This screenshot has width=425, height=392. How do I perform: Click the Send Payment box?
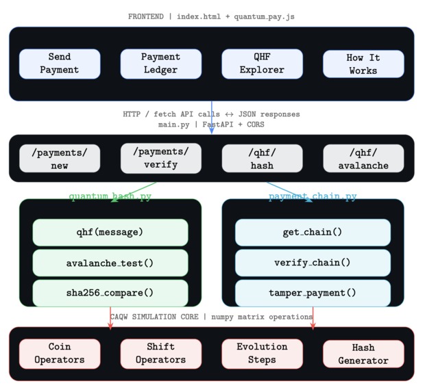click(x=60, y=64)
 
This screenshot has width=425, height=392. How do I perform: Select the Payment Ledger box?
click(x=160, y=64)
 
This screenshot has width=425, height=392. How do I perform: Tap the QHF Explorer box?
click(x=262, y=64)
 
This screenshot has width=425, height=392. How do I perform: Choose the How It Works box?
click(x=363, y=64)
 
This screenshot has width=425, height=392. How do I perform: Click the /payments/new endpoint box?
click(x=60, y=158)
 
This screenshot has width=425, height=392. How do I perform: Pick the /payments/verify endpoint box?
click(x=160, y=158)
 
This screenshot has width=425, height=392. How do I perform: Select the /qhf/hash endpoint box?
click(x=262, y=158)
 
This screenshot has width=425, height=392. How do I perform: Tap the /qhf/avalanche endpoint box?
click(x=363, y=158)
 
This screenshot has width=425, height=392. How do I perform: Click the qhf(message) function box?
click(x=110, y=232)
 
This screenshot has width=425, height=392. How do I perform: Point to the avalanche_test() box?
click(x=110, y=263)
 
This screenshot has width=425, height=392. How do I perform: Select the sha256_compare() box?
click(x=110, y=293)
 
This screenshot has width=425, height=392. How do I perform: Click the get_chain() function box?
click(x=313, y=232)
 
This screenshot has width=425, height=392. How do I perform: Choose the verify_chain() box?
click(x=313, y=263)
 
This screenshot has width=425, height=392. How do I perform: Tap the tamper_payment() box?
click(x=313, y=293)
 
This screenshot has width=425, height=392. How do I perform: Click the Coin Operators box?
click(x=60, y=354)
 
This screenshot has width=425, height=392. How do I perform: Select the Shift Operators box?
click(x=160, y=354)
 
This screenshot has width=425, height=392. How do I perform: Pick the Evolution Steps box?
click(x=262, y=354)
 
